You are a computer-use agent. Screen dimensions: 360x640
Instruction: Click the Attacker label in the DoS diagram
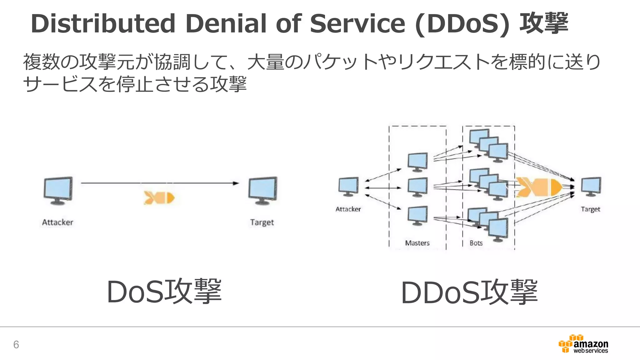click(57, 222)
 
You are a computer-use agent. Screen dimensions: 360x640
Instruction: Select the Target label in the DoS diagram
click(262, 222)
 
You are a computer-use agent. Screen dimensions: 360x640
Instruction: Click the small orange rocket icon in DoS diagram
click(159, 197)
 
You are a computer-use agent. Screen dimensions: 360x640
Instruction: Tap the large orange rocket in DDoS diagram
click(539, 187)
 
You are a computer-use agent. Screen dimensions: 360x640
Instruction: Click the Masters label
click(417, 243)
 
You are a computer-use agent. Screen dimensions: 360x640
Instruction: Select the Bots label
click(476, 243)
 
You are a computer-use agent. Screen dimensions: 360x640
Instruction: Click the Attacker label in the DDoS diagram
click(348, 209)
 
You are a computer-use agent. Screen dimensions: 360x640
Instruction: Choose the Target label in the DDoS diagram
click(590, 209)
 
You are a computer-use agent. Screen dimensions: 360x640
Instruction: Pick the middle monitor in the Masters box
click(418, 187)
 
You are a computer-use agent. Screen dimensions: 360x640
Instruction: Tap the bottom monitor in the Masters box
click(418, 215)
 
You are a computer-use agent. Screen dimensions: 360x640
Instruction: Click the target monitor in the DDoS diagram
click(591, 186)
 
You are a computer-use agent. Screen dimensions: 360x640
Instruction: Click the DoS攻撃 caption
click(164, 292)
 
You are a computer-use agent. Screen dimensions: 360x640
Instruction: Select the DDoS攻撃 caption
click(469, 292)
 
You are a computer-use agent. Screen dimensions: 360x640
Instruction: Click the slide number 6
click(16, 344)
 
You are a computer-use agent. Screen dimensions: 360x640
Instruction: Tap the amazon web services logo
click(583, 344)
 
